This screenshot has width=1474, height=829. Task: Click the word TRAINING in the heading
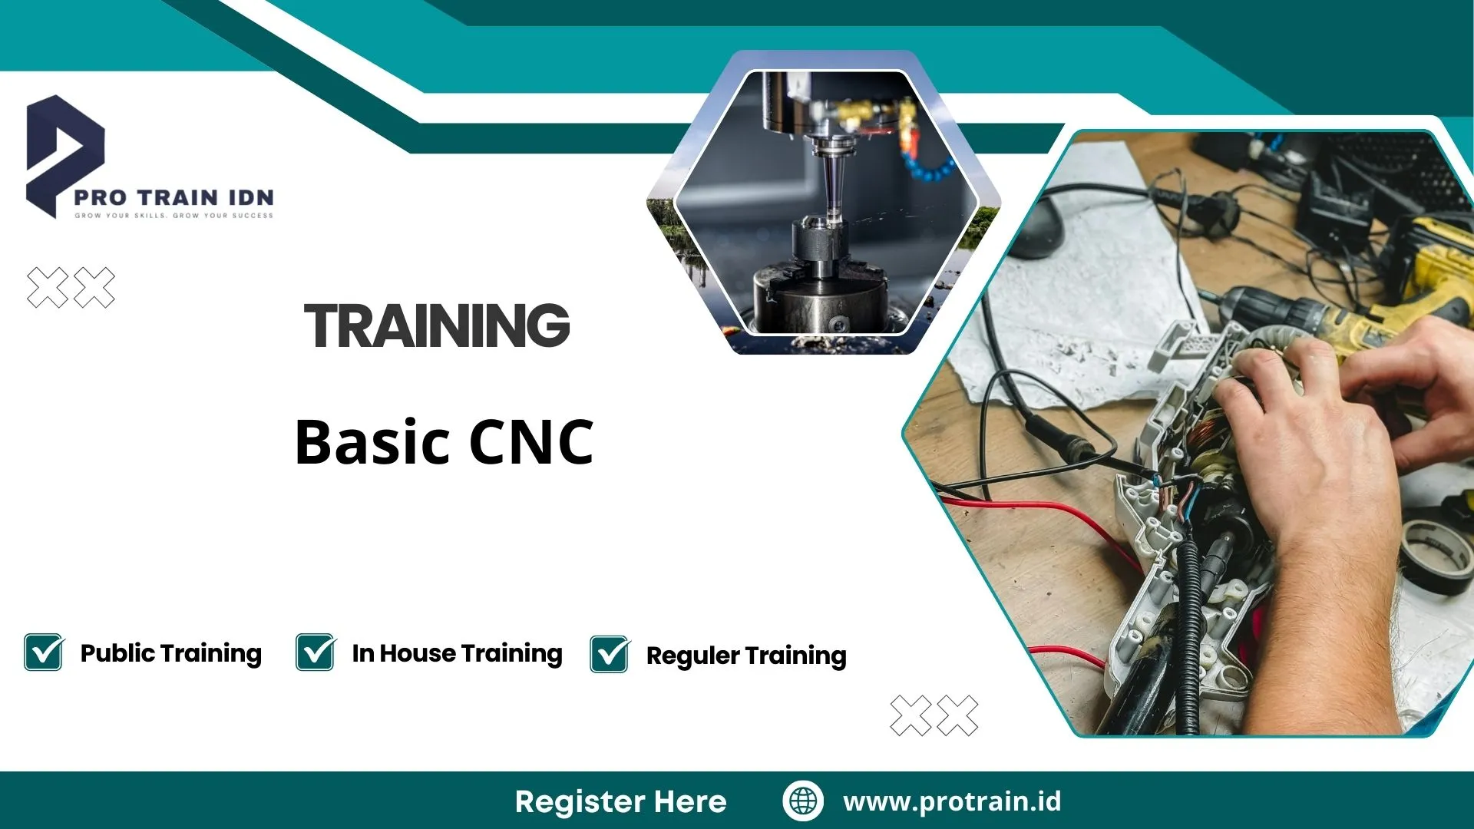[437, 325]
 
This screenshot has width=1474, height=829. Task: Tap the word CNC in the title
[530, 443]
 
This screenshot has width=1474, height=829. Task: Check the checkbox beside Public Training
[44, 652]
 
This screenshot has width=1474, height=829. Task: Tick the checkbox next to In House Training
[315, 652]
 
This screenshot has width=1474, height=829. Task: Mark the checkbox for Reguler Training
[610, 654]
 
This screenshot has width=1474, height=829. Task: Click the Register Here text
[620, 801]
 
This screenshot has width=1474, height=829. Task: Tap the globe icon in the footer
[803, 801]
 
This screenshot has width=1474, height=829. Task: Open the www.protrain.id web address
[952, 801]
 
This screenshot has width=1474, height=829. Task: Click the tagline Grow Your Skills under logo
[174, 216]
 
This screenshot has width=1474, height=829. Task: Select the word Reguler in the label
[692, 656]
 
